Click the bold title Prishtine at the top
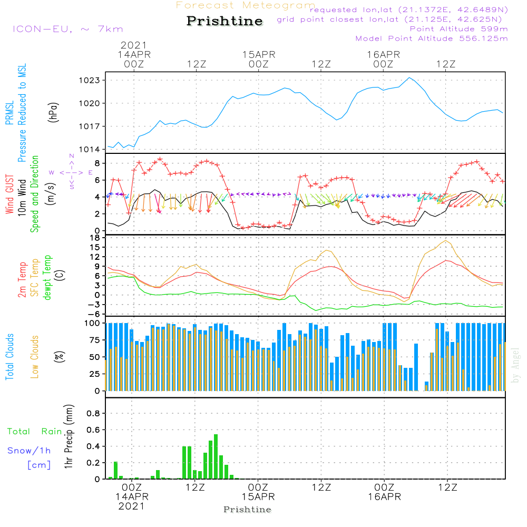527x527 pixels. tap(225, 21)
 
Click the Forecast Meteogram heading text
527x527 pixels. tap(246, 5)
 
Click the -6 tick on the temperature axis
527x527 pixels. tap(95, 314)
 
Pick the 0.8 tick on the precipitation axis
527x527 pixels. tap(93, 413)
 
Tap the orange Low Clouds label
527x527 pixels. tap(35, 356)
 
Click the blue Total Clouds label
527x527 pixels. tap(9, 357)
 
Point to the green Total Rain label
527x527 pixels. tap(35, 431)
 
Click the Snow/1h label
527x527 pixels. tap(30, 451)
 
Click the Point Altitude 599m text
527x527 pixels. tap(458, 29)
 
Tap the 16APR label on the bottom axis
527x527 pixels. tap(385, 496)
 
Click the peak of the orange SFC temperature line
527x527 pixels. tap(446, 240)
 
